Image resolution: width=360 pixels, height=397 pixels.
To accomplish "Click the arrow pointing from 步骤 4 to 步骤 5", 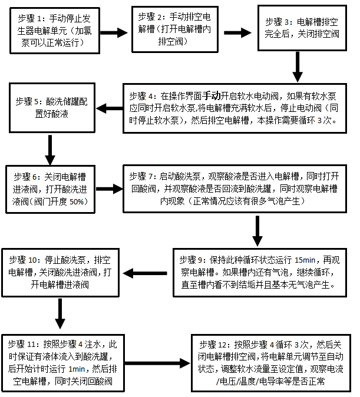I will click(x=108, y=108).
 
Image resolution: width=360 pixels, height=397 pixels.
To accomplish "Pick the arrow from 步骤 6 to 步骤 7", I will click(x=108, y=188).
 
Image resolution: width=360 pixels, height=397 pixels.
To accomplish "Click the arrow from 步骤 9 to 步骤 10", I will click(x=145, y=272).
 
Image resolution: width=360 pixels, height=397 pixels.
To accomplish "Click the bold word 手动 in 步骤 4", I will click(x=212, y=95).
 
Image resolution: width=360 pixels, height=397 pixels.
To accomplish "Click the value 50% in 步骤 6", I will click(x=77, y=201).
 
